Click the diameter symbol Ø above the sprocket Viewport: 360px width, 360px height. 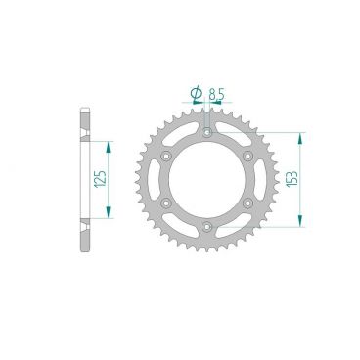point(195,94)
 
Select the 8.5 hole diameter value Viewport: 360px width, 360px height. point(217,94)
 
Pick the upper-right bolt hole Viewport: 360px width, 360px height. point(247,156)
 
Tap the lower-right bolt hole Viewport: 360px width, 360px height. point(247,203)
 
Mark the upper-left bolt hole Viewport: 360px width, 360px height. point(165,156)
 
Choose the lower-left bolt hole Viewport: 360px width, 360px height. point(165,203)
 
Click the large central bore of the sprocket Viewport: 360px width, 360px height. point(206,180)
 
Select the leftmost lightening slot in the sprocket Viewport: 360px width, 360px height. point(156,180)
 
